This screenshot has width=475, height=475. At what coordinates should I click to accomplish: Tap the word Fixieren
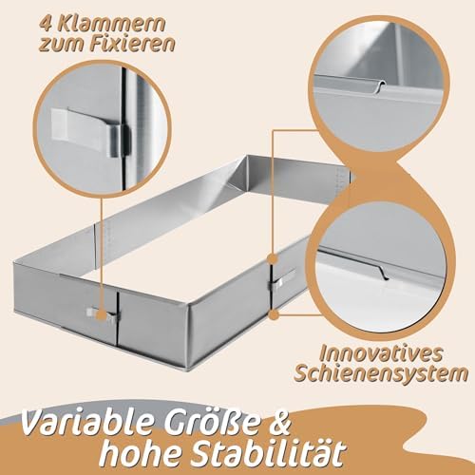pos(132,44)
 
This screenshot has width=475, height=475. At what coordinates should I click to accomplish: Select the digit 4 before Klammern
pos(47,24)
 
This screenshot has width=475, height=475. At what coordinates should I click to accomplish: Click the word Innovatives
pos(380,353)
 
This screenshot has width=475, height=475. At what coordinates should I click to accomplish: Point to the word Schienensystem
pos(381,374)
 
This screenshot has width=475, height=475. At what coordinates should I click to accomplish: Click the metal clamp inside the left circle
pos(92,134)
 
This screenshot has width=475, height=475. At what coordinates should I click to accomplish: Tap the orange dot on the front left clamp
pos(101,314)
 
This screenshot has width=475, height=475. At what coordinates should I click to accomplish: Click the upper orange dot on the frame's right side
pos(273,259)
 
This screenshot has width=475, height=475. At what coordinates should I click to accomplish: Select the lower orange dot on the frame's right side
pos(275,314)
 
